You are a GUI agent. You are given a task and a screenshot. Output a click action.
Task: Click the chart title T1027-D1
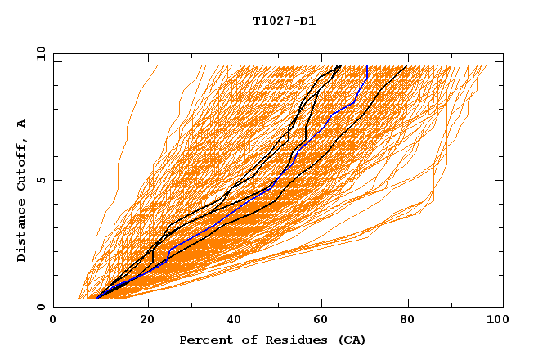284,21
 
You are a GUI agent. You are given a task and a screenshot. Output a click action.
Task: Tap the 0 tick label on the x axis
53,322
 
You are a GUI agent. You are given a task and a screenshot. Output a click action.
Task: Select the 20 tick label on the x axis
147,322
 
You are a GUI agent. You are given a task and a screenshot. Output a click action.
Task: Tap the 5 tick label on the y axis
41,180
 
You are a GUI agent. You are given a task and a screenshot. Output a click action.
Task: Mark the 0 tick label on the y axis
41,307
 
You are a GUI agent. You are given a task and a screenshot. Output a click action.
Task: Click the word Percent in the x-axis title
204,340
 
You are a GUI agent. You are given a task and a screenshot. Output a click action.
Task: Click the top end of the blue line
367,66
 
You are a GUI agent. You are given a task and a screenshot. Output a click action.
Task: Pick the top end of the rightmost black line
407,65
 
